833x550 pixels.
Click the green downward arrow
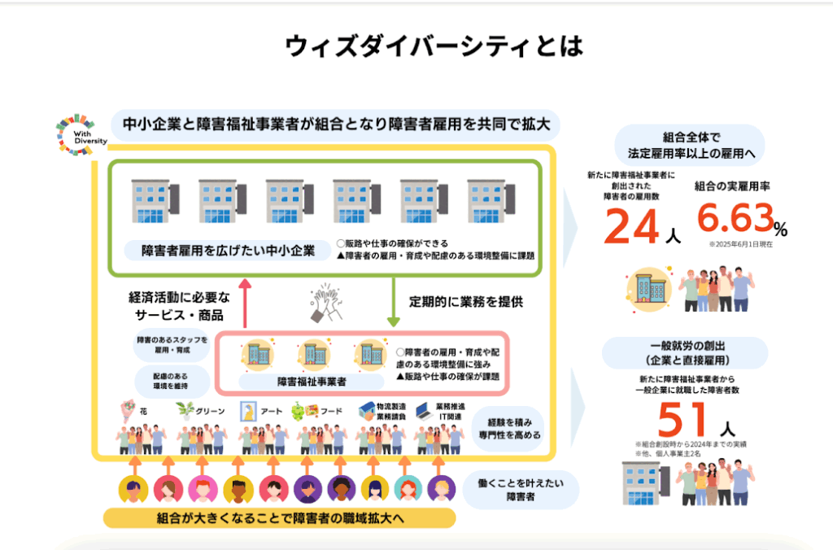392,299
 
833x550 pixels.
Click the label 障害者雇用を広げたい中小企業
228,250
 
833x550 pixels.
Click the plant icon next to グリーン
185,411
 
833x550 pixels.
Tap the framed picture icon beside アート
245,411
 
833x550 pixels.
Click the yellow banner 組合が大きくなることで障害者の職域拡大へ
279,518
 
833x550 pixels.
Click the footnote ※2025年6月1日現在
739,243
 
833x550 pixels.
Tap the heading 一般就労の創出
686,346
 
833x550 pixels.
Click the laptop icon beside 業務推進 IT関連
422,410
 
